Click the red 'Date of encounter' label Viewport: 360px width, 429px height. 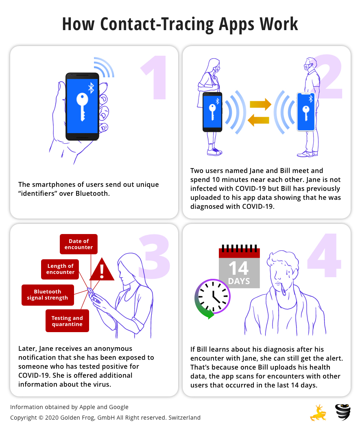79,244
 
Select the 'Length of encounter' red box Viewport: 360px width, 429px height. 60,269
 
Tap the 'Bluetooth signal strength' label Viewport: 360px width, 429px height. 48,295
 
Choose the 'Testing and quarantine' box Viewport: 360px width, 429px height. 67,321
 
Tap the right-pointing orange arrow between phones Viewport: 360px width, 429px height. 260,104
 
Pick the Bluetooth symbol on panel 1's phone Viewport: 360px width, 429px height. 91,88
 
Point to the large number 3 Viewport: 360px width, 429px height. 154,256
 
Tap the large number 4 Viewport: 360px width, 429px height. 325,255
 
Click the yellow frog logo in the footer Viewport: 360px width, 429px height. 318,413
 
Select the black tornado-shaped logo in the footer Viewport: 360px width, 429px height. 343,412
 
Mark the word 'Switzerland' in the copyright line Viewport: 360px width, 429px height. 185,418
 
